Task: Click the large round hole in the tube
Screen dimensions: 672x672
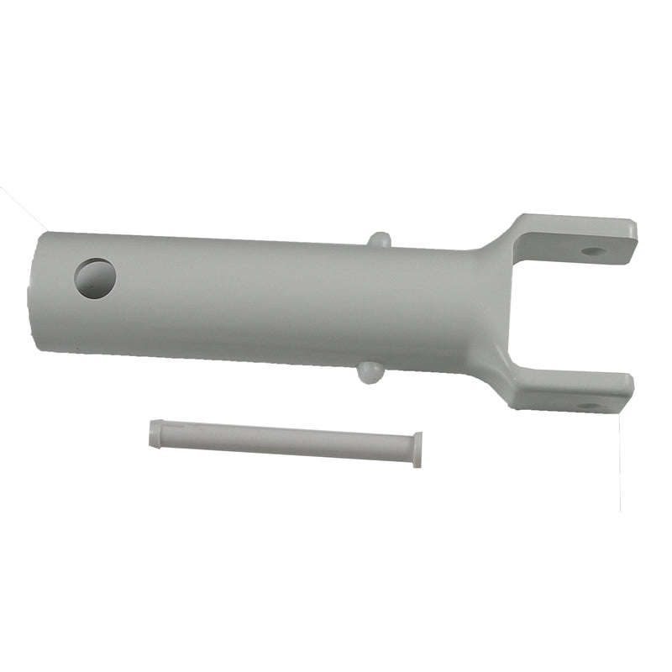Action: pos(95,278)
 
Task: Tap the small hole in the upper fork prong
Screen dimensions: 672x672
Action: pos(593,250)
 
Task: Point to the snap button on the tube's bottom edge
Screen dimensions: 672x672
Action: pos(369,372)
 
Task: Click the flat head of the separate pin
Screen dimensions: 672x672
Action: pos(417,449)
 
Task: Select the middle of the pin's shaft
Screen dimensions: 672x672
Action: pos(286,439)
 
